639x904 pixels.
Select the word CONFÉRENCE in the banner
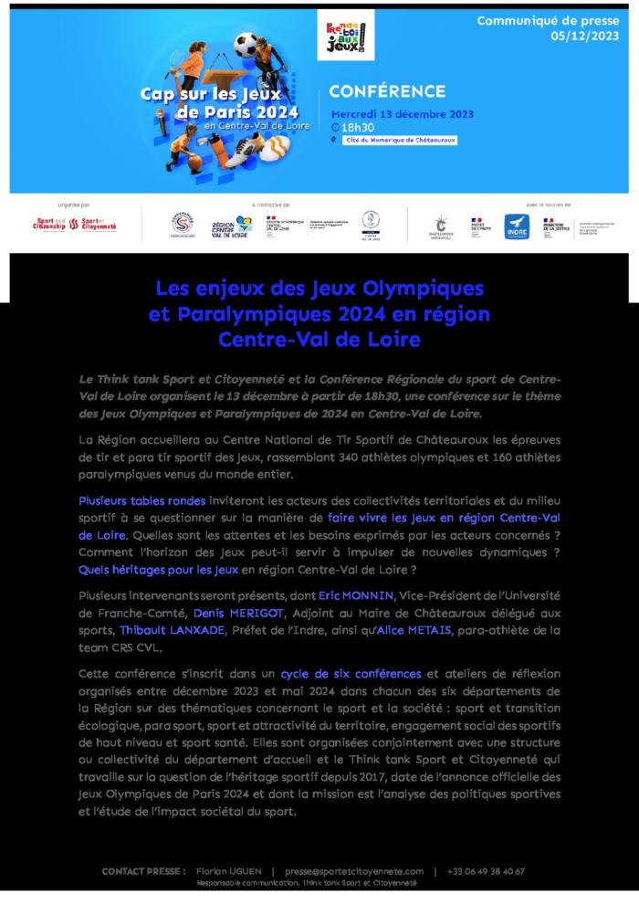coord(387,91)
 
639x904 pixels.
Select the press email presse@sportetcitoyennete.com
coord(354,871)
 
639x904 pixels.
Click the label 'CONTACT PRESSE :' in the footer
coord(144,871)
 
